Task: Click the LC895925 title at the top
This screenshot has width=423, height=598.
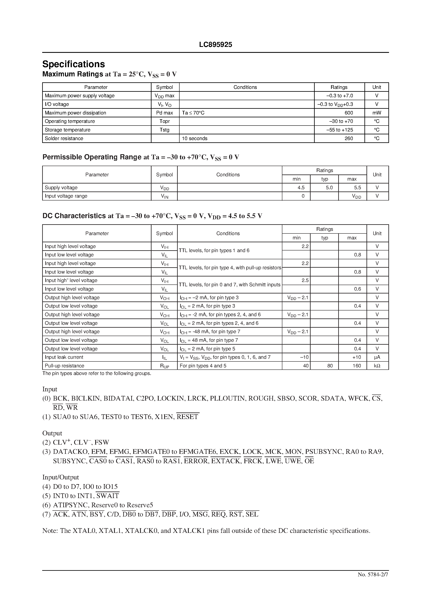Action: click(x=215, y=45)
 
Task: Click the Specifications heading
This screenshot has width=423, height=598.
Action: click(x=74, y=64)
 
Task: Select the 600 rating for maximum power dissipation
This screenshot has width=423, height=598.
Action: click(x=348, y=113)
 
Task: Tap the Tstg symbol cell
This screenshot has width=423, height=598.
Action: click(x=164, y=130)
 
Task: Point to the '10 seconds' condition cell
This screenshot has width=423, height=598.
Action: click(x=195, y=138)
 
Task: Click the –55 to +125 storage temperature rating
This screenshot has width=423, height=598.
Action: click(x=340, y=130)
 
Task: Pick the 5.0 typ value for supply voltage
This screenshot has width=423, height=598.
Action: click(x=329, y=188)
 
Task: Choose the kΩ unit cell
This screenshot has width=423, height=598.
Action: click(x=377, y=366)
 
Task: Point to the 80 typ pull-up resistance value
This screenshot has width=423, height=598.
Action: click(x=330, y=366)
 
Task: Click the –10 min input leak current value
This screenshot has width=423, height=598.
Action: click(x=304, y=357)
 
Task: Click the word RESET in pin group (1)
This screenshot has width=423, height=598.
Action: click(x=188, y=417)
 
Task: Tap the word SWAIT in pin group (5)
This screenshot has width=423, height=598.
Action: click(x=107, y=496)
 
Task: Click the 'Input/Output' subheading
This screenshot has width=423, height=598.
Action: click(x=60, y=477)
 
